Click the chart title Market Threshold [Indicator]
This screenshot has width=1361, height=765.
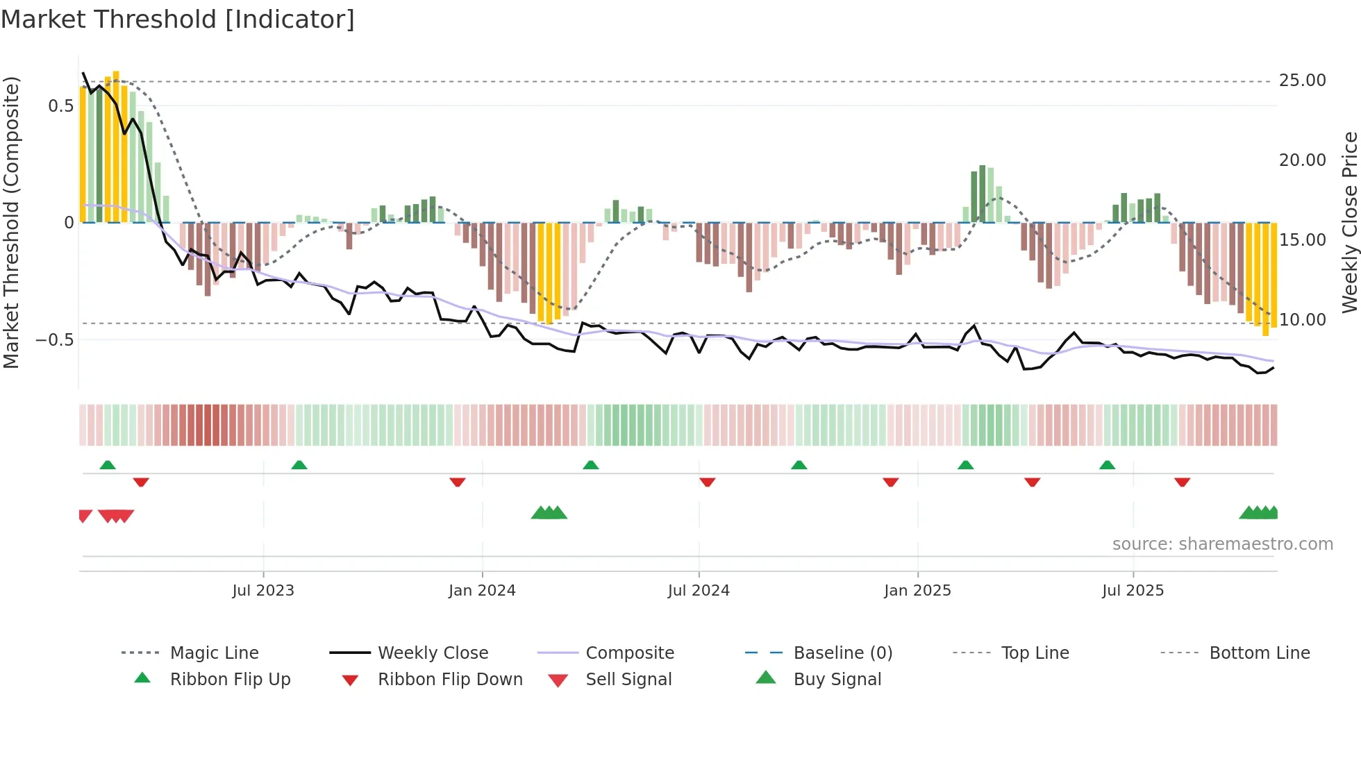tap(178, 19)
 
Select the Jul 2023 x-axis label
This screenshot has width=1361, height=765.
tap(263, 591)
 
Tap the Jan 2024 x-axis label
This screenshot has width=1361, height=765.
tap(482, 591)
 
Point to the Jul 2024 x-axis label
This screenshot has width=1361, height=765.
tap(699, 591)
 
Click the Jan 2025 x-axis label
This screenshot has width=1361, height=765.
tap(917, 591)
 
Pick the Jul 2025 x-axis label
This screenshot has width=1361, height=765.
tap(1133, 591)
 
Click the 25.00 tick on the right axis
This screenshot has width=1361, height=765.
tap(1302, 81)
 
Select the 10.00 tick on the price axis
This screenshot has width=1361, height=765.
tap(1302, 320)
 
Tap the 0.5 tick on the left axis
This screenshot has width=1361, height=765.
tap(61, 106)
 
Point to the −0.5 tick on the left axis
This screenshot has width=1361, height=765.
tap(56, 340)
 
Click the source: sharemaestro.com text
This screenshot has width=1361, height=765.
tap(1222, 544)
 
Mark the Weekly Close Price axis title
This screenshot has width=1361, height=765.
tap(1349, 222)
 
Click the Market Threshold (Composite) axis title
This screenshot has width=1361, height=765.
tap(11, 222)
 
